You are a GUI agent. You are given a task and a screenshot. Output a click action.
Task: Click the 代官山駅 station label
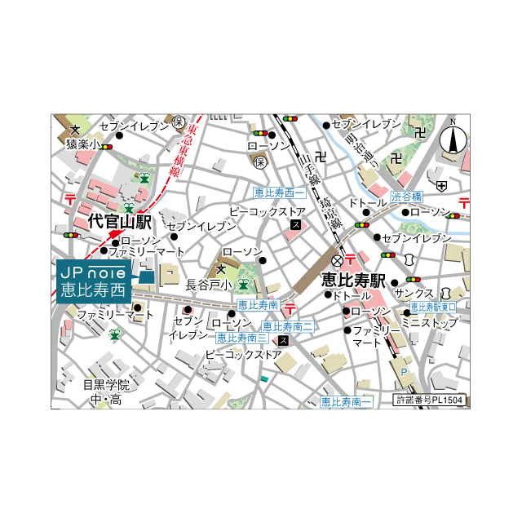tap(119, 221)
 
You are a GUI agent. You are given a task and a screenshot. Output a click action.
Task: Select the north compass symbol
tap(453, 139)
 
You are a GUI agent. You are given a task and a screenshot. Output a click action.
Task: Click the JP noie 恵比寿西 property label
tap(95, 280)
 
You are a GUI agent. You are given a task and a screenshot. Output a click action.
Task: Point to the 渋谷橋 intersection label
tap(406, 197)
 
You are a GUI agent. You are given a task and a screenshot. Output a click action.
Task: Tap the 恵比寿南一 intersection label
tap(346, 401)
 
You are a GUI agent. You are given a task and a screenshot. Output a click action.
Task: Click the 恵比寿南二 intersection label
tap(288, 326)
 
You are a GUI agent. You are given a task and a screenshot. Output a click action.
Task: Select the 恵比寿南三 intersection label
tap(241, 338)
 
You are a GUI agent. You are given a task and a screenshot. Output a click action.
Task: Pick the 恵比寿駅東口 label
tap(432, 307)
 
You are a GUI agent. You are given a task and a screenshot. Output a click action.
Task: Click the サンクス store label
tap(414, 293)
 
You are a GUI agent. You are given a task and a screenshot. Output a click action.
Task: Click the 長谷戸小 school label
tap(209, 285)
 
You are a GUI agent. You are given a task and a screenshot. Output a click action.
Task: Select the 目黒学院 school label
tap(107, 384)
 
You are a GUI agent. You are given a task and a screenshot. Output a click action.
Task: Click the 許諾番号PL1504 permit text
tap(429, 400)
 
